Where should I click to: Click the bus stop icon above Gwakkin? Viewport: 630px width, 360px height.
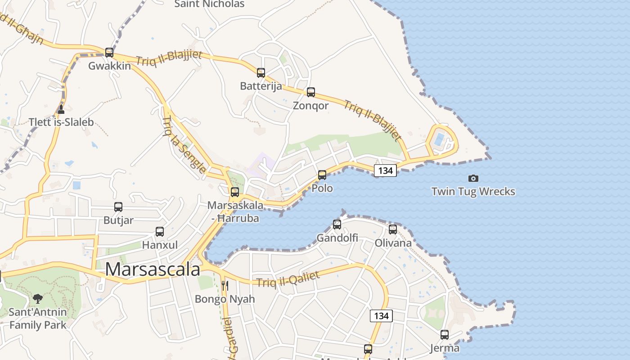109,52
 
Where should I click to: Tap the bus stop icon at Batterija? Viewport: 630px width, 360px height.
261,72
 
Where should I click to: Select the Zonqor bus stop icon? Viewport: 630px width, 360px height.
311,92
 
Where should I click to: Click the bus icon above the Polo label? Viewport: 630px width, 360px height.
322,175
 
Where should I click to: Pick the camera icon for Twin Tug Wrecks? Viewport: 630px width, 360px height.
473,178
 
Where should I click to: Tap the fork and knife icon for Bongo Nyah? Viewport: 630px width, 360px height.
225,285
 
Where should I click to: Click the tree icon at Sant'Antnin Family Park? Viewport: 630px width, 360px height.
38,298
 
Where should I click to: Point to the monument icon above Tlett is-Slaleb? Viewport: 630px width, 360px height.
61,109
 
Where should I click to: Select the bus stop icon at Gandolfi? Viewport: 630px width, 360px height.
337,224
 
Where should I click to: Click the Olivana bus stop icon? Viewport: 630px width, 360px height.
393,229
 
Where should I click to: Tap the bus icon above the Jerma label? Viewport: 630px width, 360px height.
445,335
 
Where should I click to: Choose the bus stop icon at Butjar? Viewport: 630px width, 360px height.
118,207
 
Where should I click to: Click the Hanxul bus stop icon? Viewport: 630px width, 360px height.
160,232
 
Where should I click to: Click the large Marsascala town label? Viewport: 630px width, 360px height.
153,269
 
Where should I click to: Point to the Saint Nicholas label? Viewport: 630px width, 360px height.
209,4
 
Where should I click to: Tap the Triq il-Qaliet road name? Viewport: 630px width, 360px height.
288,279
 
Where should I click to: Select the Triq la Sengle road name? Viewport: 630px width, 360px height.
184,145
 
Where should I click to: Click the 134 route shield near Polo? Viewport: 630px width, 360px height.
386,171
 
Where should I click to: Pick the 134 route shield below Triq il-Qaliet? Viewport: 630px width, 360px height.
381,316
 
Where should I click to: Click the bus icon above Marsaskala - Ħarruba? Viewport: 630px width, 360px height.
235,192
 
